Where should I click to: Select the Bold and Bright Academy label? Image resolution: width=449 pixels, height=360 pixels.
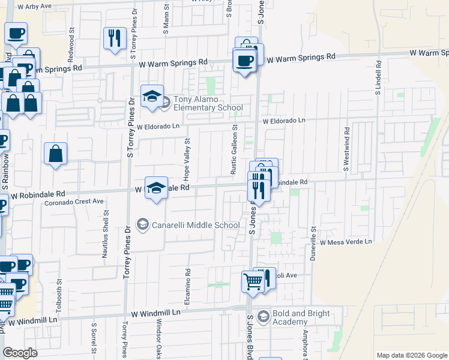point(298,317)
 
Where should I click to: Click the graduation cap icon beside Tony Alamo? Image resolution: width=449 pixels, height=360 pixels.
point(152,96)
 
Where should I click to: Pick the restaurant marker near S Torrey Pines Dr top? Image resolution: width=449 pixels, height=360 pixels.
point(113,38)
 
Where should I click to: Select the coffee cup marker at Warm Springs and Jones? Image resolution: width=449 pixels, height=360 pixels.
point(244,61)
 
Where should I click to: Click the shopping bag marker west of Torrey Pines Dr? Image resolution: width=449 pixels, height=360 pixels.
point(55,154)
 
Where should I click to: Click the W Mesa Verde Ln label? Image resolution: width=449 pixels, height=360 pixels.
point(346,242)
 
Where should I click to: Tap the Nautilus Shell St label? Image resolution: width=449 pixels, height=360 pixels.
point(106,234)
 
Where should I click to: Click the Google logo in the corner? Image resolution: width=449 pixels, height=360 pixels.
point(20,353)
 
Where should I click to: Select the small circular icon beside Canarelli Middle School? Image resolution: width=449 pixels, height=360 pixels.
point(143,225)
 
